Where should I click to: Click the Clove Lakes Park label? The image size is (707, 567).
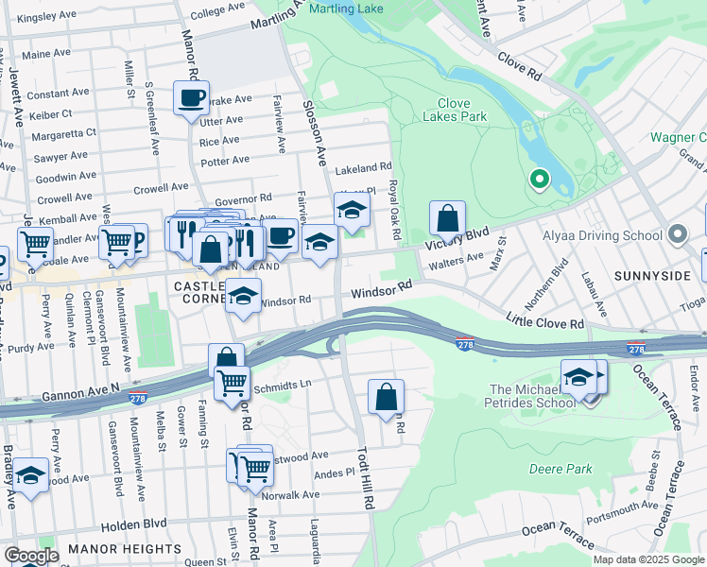[461, 110]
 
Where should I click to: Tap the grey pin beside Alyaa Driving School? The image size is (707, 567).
[677, 233]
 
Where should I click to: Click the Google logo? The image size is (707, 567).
[31, 556]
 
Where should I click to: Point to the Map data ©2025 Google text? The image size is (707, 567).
[647, 559]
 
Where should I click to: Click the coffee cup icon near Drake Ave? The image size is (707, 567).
[190, 97]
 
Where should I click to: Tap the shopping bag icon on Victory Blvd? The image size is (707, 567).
[448, 218]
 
